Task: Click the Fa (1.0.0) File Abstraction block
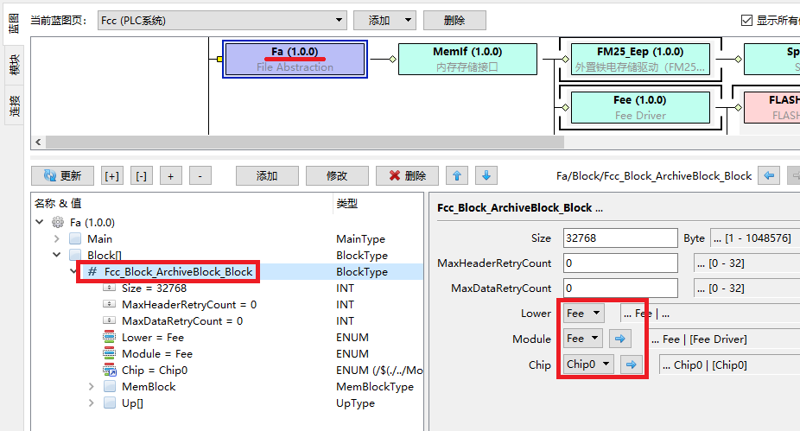click(x=295, y=59)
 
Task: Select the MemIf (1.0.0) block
click(x=467, y=59)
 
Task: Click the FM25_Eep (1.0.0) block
click(x=639, y=59)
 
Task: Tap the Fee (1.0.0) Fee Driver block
click(x=639, y=106)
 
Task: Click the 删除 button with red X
click(x=407, y=175)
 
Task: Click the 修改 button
click(x=336, y=175)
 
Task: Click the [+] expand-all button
click(x=112, y=175)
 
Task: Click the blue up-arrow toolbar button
click(x=458, y=175)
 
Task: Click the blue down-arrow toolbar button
click(x=486, y=175)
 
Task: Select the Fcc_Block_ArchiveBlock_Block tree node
click(x=178, y=271)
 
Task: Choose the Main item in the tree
click(x=99, y=238)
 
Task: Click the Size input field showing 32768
click(x=620, y=238)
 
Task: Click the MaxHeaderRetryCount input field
click(x=620, y=263)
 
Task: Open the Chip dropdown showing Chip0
click(x=589, y=364)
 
